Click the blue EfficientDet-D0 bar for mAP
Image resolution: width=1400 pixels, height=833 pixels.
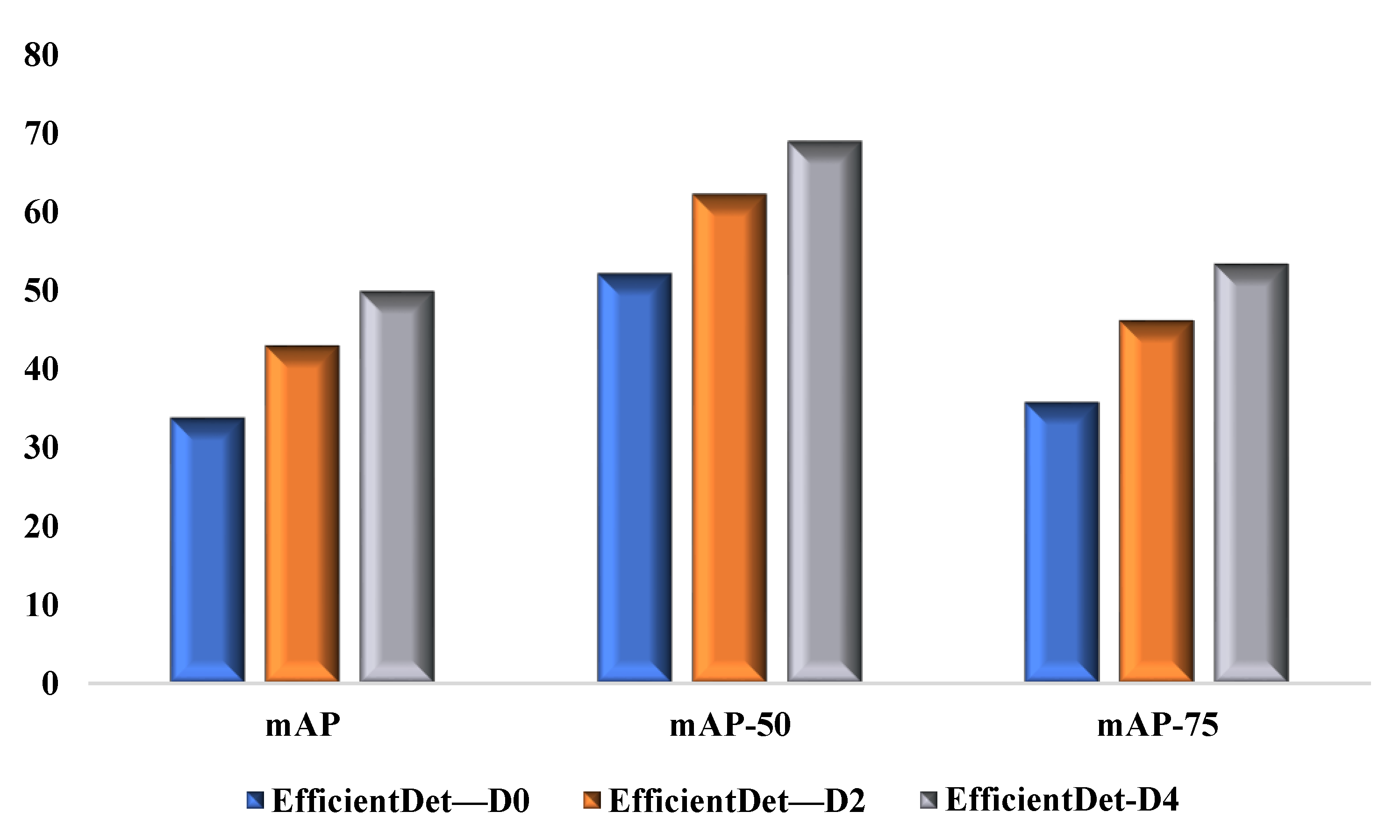point(207,550)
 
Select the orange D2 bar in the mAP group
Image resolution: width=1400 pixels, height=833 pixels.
point(302,514)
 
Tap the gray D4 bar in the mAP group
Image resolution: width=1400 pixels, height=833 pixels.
point(397,486)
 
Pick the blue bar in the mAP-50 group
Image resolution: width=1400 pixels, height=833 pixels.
point(634,477)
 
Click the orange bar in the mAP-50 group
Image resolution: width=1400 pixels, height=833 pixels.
point(729,438)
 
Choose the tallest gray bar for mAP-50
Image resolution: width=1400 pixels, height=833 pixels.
point(824,411)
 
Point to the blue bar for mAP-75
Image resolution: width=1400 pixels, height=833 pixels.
point(1061,542)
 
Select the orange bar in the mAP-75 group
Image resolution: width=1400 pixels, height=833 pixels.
point(1156,501)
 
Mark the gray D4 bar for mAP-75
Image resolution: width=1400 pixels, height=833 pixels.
point(1251,473)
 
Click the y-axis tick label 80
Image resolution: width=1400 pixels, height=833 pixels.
point(41,55)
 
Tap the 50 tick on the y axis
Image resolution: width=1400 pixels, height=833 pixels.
point(41,291)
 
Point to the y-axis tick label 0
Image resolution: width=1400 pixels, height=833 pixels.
point(50,684)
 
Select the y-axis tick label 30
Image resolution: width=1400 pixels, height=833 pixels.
point(41,448)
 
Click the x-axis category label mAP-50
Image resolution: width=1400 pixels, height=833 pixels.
point(730,725)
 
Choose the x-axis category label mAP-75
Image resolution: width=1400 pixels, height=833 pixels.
point(1157,725)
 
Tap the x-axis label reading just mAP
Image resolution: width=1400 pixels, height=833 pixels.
point(302,725)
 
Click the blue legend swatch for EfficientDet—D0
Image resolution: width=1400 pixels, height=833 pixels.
point(255,800)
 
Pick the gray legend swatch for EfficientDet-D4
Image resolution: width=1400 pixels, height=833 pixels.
point(929,800)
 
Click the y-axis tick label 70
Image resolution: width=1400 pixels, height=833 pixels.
point(41,134)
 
